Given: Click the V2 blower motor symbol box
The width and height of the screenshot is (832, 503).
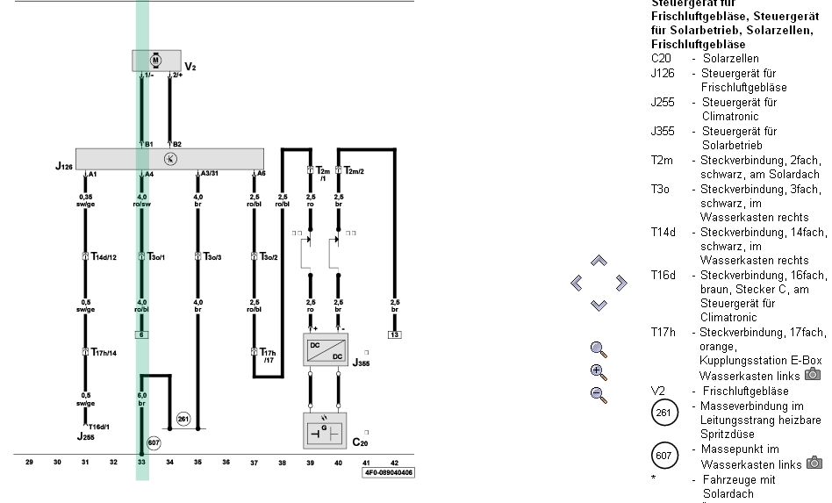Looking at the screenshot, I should [x=155, y=60].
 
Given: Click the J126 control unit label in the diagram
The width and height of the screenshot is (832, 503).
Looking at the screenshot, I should [x=64, y=166].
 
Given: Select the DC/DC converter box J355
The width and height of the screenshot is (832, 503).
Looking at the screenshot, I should [x=325, y=349].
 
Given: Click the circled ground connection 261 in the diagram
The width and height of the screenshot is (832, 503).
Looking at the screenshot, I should [x=183, y=419].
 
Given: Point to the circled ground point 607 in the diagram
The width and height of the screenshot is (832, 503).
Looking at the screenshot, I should [x=154, y=442].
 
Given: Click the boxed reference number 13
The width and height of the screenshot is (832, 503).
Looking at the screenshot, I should [x=394, y=334].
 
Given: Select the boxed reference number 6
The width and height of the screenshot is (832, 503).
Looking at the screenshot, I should [x=140, y=334].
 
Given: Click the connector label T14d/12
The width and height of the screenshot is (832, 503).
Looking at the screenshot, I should [x=104, y=257].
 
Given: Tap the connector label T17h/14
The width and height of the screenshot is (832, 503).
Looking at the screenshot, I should [x=104, y=352].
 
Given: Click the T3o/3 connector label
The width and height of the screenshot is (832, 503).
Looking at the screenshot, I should [x=213, y=257].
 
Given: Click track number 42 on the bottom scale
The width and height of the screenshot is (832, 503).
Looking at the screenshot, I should [x=394, y=461].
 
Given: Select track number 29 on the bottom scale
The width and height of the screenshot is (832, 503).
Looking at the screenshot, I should [x=29, y=461].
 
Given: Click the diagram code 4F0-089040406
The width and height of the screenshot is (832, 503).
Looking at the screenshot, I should [x=389, y=472].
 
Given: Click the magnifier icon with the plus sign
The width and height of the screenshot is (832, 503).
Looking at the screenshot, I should [x=599, y=371].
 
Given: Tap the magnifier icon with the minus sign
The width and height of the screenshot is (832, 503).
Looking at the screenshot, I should [x=599, y=394].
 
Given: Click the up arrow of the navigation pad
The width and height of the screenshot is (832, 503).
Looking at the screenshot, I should [x=599, y=261].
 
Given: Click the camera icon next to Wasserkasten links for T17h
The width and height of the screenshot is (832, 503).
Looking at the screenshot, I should [x=813, y=375].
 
